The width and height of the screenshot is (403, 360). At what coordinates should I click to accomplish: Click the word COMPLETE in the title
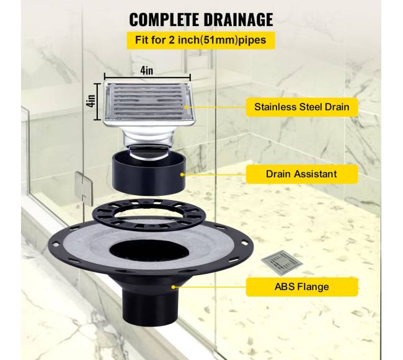tap(164, 19)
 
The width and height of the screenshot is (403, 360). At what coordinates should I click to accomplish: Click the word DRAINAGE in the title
tap(238, 19)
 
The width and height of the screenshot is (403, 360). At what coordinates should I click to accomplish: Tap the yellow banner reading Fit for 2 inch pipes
tap(201, 40)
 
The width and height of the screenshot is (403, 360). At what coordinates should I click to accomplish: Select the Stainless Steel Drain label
tap(302, 107)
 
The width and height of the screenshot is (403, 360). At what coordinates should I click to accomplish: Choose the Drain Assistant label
tap(302, 174)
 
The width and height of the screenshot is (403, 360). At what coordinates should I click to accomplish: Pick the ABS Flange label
tap(302, 286)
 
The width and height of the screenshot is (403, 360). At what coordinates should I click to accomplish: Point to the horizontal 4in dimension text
tap(147, 71)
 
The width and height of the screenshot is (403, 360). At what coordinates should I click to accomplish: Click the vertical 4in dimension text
tap(91, 101)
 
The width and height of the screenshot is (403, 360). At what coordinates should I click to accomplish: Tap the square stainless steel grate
tap(149, 105)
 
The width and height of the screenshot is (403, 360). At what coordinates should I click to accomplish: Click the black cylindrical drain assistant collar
tap(149, 172)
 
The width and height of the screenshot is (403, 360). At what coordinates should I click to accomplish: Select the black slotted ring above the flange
tap(149, 214)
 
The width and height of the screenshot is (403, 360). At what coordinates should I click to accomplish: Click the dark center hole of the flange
tap(149, 251)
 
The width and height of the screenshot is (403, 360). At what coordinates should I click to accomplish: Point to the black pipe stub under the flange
tap(148, 305)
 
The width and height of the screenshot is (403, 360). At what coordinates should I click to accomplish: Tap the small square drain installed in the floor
tap(282, 263)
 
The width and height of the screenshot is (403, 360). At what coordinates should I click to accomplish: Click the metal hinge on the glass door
tap(83, 188)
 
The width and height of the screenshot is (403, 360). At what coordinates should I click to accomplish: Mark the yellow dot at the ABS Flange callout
tap(174, 287)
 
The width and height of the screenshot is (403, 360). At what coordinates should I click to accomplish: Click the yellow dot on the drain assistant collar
tap(182, 175)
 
